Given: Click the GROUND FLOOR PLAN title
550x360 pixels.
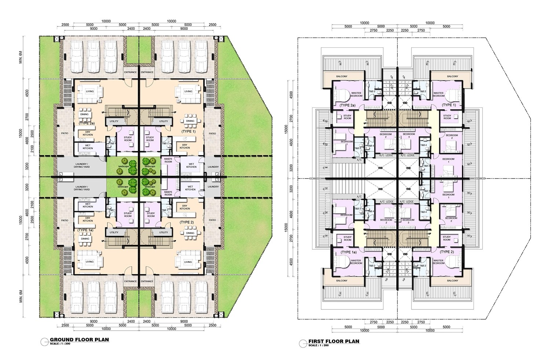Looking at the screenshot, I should click(x=79, y=339).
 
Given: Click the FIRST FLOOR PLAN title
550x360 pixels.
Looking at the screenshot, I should click(x=334, y=341).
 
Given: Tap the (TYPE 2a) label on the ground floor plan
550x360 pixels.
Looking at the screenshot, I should click(x=87, y=124).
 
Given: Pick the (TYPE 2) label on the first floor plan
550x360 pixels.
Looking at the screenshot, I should click(x=447, y=252).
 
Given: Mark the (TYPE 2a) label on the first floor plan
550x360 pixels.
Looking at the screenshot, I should click(x=347, y=105).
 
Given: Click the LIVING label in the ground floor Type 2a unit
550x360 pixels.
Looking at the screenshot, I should click(x=90, y=91).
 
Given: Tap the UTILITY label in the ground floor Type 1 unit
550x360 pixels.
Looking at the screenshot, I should click(x=164, y=121).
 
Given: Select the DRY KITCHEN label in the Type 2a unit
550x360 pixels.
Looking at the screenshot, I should click(x=88, y=133).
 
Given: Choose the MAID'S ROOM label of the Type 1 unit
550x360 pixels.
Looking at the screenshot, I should click(x=168, y=160).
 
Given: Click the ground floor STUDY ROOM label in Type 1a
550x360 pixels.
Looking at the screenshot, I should click(x=128, y=215).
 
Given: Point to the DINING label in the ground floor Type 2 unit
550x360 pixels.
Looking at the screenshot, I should click(x=190, y=233).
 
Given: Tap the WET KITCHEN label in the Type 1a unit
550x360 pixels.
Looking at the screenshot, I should click(x=88, y=205).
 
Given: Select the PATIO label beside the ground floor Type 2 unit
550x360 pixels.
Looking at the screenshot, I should click(x=212, y=220).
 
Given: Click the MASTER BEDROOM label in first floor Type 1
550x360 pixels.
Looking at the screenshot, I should click(x=438, y=94).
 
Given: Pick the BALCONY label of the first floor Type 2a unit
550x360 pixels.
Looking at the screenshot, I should click(x=341, y=76).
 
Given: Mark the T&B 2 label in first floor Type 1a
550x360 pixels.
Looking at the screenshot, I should click(x=372, y=265).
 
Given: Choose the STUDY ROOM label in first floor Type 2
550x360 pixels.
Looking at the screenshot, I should click(x=447, y=238).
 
